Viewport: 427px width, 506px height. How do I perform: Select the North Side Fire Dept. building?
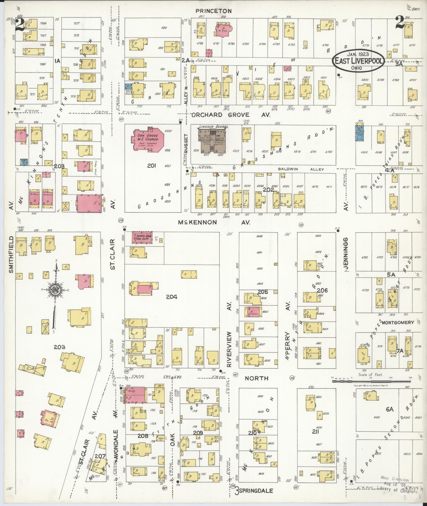click(x=142, y=238)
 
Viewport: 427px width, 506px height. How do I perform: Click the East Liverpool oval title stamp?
click(x=358, y=61)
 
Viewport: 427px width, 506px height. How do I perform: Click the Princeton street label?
click(x=213, y=11)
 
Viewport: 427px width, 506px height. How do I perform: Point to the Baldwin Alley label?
click(x=301, y=169)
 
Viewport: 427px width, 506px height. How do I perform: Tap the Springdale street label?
click(x=256, y=490)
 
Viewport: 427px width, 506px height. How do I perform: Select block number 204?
click(x=171, y=296)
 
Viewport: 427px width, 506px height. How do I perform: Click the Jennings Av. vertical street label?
click(x=345, y=254)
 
